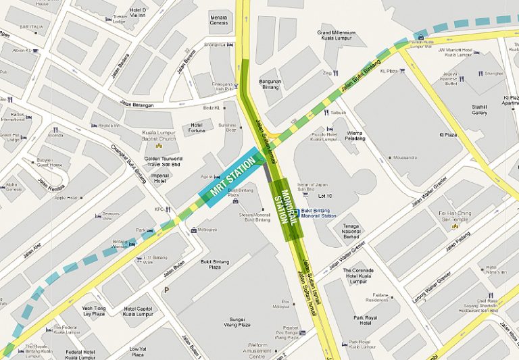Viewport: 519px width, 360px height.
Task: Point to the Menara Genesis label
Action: coord(219,20)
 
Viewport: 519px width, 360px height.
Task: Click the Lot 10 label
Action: coord(325,196)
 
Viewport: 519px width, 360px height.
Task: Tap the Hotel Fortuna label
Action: coord(197,127)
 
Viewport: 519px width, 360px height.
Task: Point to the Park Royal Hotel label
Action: coord(366,319)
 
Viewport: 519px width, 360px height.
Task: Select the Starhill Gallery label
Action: coord(479,109)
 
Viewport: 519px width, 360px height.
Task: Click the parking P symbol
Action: coord(166,290)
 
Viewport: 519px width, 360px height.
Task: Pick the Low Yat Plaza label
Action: coord(138,351)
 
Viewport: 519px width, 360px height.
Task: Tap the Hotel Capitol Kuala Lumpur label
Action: coord(138,310)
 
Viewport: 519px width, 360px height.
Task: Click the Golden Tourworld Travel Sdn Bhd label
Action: coord(157,156)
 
